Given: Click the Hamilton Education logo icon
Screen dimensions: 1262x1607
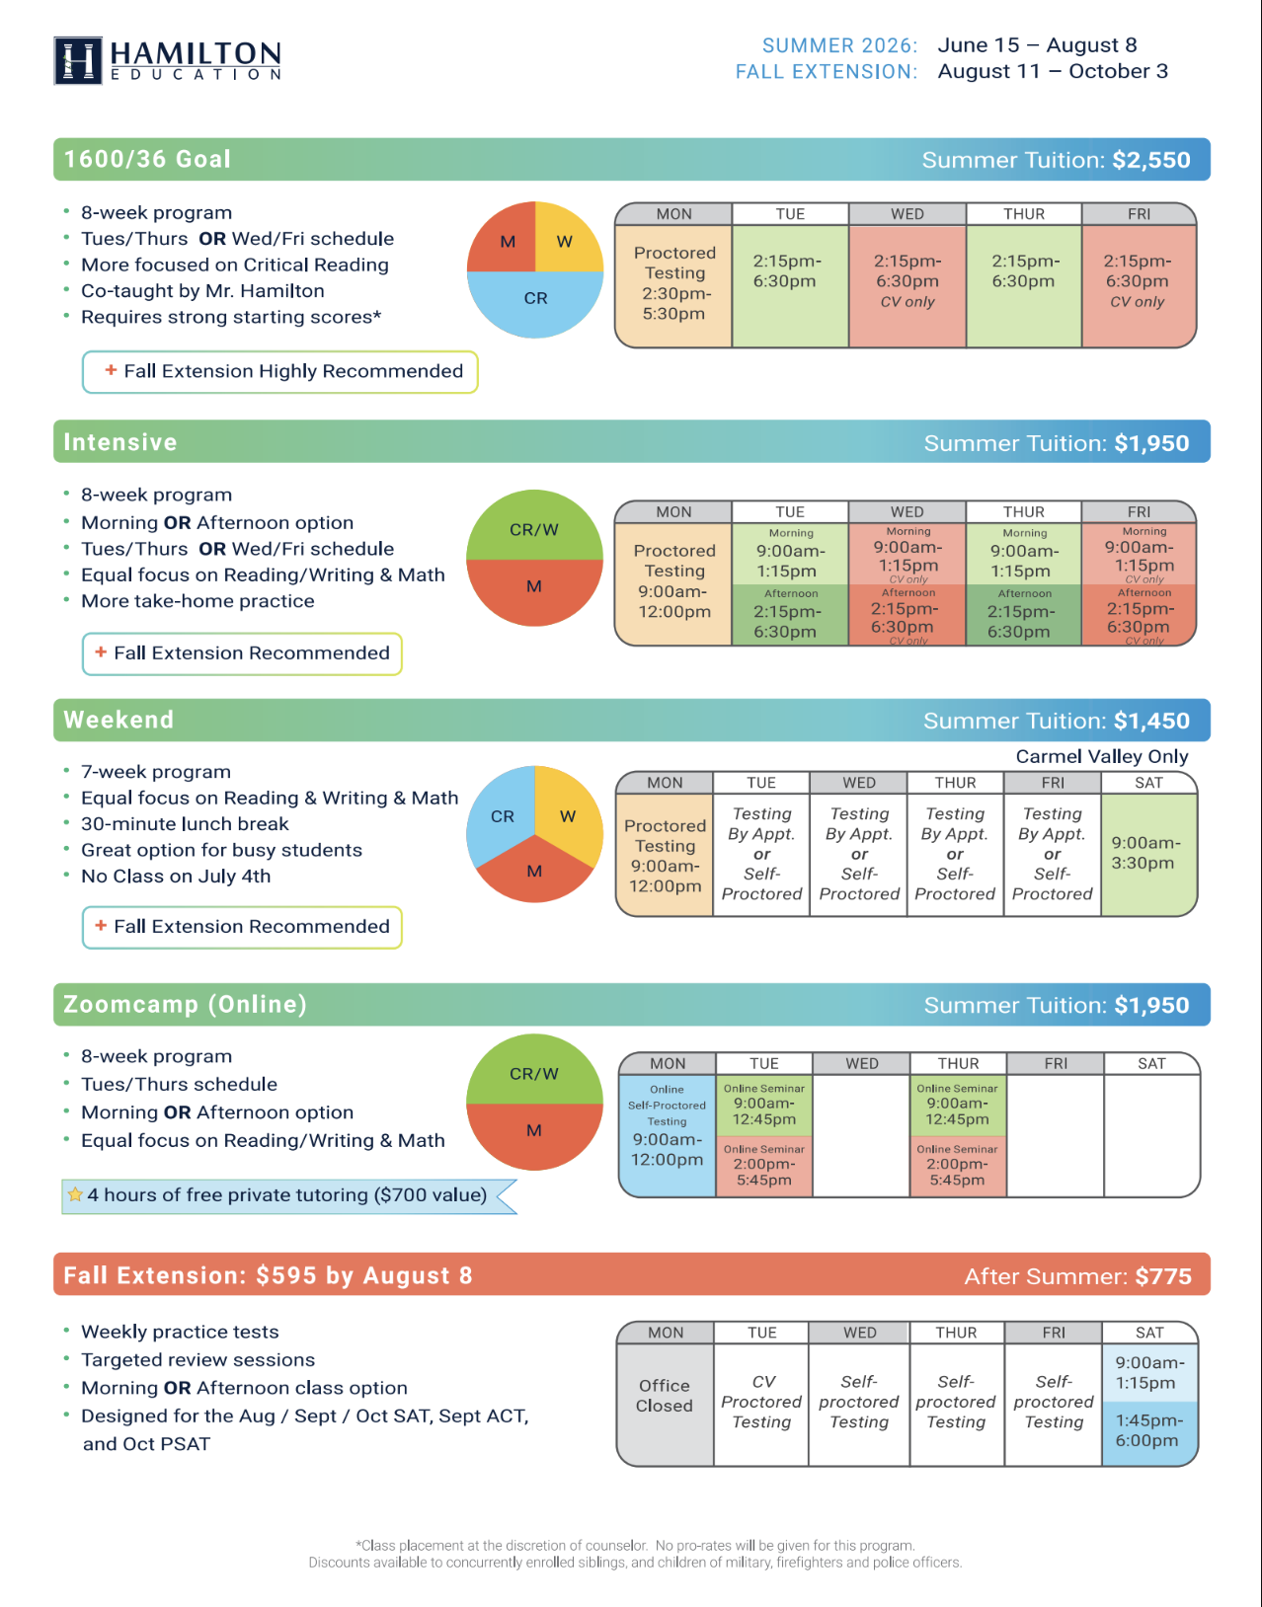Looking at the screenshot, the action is coord(78,60).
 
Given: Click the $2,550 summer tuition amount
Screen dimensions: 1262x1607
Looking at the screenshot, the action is coord(1151,160).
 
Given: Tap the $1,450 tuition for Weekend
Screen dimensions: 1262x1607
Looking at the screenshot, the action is coord(1151,721).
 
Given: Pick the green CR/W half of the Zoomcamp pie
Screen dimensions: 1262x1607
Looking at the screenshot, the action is coord(535,1070).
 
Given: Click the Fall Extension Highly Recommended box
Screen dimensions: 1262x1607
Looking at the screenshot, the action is coord(280,372).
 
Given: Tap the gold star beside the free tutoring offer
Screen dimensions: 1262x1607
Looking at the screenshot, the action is coord(75,1194).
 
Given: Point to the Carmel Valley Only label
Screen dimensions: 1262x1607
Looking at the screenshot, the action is coord(1101,756).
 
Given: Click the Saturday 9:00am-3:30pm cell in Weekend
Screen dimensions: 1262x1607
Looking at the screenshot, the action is coord(1148,855).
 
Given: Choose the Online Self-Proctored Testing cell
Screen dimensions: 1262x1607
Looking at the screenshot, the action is coord(668,1135).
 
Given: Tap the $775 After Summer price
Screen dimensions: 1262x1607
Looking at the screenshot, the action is coord(1163,1276).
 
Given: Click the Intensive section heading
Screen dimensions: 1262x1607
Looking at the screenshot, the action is coord(119,442).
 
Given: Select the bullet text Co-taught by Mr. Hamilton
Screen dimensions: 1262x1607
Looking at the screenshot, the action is coord(202,290).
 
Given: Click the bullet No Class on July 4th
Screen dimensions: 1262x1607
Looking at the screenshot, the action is coord(176,877).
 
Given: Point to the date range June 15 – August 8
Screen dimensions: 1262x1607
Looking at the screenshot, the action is coord(1037,45).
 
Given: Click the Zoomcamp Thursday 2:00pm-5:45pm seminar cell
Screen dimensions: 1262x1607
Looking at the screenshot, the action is coord(958,1166).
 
